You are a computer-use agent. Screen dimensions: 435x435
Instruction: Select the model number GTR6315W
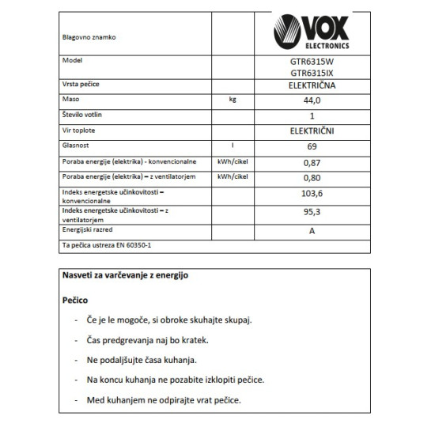tap(312, 62)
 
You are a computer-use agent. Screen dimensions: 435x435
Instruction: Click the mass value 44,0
tap(312, 101)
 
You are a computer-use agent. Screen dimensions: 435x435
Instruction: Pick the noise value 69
tap(312, 146)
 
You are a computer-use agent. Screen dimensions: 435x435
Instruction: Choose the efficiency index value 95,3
tap(312, 213)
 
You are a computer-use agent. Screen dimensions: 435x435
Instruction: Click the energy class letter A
tap(312, 230)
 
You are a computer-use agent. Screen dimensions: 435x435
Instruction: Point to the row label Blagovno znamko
tap(86, 36)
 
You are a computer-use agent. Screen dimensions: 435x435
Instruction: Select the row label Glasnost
tap(76, 146)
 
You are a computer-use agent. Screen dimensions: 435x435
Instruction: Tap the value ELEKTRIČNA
tap(312, 85)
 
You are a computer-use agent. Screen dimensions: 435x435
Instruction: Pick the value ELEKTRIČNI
tap(312, 130)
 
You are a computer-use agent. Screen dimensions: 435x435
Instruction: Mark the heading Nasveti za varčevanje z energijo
tap(125, 276)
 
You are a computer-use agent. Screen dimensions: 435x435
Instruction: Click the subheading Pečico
tap(77, 301)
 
